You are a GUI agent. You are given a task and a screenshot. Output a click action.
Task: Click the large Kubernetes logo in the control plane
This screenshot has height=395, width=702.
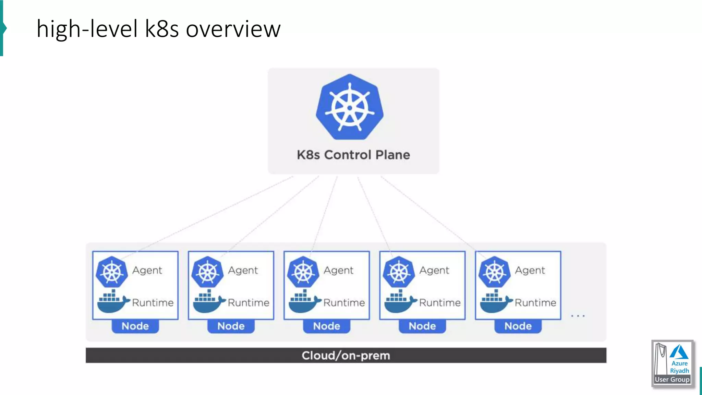[x=350, y=107]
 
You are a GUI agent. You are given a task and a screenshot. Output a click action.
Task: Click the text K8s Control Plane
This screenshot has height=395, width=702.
[x=353, y=155]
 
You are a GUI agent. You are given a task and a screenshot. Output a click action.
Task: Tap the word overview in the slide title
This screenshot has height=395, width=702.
[x=233, y=29]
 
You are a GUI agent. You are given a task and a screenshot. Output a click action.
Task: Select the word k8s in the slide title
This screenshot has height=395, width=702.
[x=161, y=29]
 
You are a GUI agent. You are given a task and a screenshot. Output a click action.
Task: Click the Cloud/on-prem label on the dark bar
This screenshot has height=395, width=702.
[x=346, y=356]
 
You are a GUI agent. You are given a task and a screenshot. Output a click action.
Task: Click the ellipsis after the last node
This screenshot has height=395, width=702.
[x=578, y=316]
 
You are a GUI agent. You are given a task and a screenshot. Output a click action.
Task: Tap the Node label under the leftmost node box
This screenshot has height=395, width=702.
[x=135, y=326]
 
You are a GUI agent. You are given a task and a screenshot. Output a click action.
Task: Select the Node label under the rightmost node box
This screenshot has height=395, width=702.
[x=518, y=326]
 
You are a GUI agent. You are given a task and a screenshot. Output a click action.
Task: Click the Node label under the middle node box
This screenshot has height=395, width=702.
[x=327, y=326]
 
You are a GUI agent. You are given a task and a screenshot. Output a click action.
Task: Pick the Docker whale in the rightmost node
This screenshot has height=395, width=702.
[x=495, y=301]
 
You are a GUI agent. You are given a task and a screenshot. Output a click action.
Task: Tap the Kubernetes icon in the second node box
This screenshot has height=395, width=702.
[x=207, y=272]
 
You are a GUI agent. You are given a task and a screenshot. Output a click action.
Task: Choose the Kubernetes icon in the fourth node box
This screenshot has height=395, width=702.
[x=399, y=272]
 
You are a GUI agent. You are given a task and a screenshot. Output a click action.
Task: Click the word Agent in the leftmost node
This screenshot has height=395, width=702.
[x=147, y=271]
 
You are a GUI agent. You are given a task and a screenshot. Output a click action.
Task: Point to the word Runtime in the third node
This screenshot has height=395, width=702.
[x=344, y=303]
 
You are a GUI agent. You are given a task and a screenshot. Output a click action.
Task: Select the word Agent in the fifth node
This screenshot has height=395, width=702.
[x=530, y=271]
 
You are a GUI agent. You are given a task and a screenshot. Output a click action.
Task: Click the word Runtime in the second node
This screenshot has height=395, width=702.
[x=249, y=303]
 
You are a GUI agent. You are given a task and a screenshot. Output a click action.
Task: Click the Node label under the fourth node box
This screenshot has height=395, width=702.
[x=422, y=326]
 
